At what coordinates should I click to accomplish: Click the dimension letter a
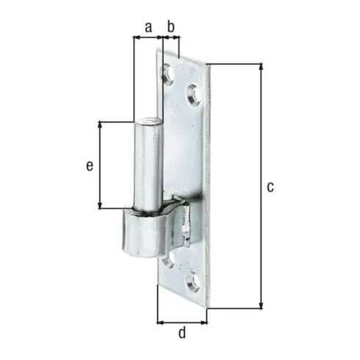pyautogui.click(x=148, y=26)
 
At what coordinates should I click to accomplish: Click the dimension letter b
pyautogui.click(x=170, y=26)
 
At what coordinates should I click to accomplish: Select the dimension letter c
pyautogui.click(x=270, y=187)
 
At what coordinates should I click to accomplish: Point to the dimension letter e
pyautogui.click(x=89, y=166)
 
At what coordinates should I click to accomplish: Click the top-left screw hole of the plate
pyautogui.click(x=168, y=73)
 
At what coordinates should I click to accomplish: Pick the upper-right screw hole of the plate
pyautogui.click(x=193, y=93)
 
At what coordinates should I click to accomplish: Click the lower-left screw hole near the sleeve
pyautogui.click(x=169, y=259)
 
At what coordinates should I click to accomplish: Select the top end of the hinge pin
pyautogui.click(x=148, y=120)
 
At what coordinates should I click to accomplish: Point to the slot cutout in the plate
pyautogui.click(x=187, y=224)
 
